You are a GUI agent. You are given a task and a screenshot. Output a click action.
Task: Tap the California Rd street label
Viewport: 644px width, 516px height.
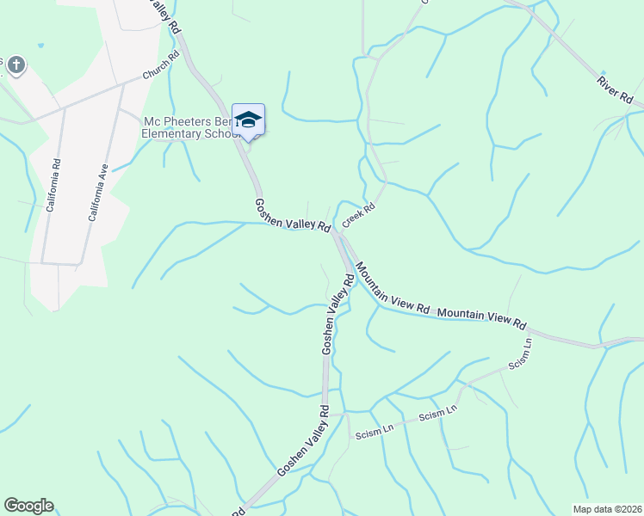coord(53,186)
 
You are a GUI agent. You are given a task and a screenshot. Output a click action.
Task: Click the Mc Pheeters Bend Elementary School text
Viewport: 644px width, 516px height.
coord(191,127)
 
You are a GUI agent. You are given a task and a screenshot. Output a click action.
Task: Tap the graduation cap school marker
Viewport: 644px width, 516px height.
coord(248,120)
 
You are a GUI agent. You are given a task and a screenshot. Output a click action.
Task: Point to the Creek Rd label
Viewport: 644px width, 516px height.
coord(359,215)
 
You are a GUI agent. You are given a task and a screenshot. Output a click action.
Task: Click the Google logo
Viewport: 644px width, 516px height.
coord(28,506)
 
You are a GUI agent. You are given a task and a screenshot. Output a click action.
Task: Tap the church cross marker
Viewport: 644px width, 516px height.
coord(16,64)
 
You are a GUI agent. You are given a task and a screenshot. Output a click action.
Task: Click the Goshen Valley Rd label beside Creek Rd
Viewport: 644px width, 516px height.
coord(293,215)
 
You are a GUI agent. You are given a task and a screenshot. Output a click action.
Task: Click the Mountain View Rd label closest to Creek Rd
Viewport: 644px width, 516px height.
coord(392,288)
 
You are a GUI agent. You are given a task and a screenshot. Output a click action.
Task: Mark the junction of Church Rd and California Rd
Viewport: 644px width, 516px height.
coord(63,109)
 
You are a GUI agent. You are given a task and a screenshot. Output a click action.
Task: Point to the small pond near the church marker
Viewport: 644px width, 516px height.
coord(40,44)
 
